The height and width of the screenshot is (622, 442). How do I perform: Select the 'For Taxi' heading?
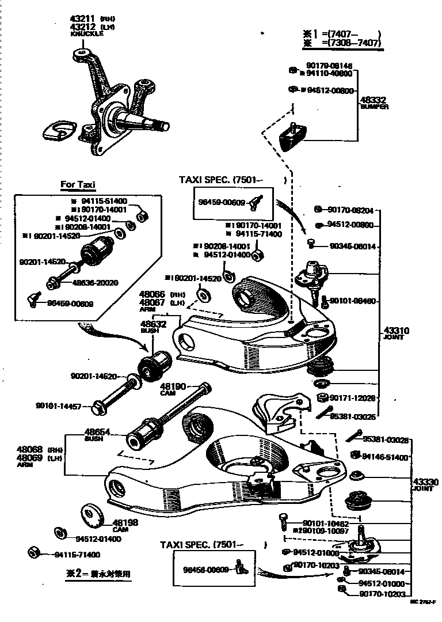tap(78, 185)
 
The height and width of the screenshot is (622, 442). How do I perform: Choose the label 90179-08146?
tap(329, 66)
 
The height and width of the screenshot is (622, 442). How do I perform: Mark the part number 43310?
tap(396, 331)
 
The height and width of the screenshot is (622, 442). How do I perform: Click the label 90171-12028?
tap(352, 398)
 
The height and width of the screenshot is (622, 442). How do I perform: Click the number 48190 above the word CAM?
tap(173, 386)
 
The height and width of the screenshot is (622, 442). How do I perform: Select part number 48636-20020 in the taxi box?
tap(95, 283)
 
